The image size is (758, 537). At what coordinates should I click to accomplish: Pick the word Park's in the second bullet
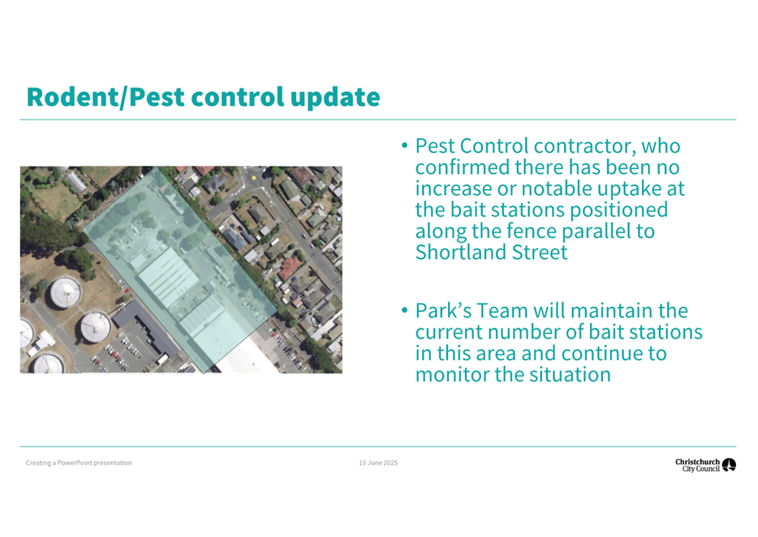pyautogui.click(x=443, y=310)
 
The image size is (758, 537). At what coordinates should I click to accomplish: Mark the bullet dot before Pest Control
pyautogui.click(x=405, y=145)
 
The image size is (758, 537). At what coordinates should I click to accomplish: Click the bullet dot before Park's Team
pyautogui.click(x=405, y=310)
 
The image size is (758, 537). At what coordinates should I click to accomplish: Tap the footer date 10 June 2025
pyautogui.click(x=378, y=463)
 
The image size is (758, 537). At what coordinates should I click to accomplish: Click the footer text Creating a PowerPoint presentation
pyautogui.click(x=79, y=463)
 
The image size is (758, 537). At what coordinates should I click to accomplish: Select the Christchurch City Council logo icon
pyautogui.click(x=729, y=465)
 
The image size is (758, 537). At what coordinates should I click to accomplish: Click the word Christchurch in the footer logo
pyautogui.click(x=698, y=462)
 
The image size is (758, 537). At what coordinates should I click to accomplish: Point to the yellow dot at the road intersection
pyautogui.click(x=254, y=178)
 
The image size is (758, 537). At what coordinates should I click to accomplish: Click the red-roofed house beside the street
pyautogui.click(x=290, y=268)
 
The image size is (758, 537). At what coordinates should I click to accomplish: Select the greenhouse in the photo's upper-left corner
pyautogui.click(x=75, y=181)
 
